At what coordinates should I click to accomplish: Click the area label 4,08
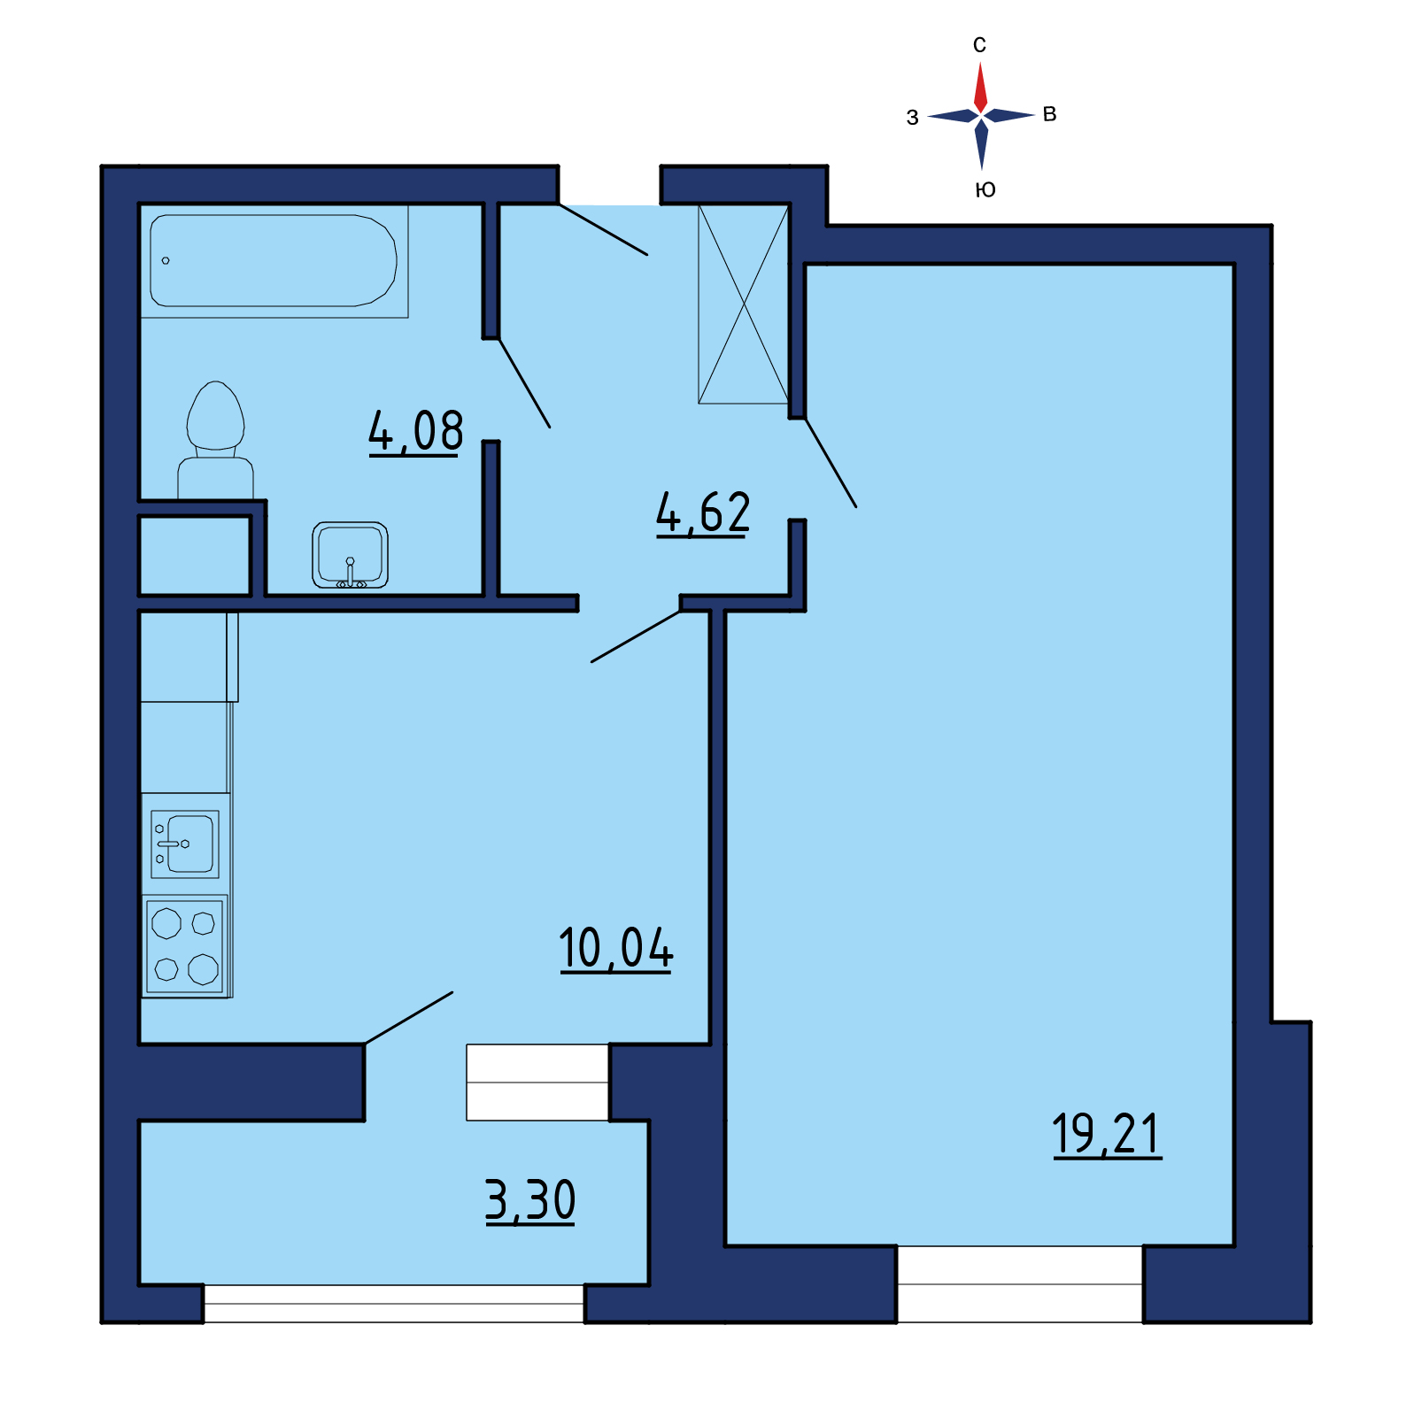coord(415,432)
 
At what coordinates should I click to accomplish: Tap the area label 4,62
coord(703,513)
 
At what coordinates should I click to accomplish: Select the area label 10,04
coord(616,949)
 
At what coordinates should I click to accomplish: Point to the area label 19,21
coord(1107,1134)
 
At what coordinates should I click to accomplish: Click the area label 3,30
coord(530,1201)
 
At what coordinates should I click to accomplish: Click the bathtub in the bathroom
coord(274,261)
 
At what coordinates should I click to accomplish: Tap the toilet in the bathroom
coord(215,440)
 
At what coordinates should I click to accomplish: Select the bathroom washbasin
coord(350,555)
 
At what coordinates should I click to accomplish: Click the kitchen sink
coord(185,844)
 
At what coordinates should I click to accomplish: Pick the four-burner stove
coord(185,946)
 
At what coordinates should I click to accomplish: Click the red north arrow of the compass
coord(980,87)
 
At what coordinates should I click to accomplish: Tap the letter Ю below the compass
coord(985,189)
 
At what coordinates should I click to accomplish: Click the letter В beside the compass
coord(1050,114)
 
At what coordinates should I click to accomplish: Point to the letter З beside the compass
coord(912,117)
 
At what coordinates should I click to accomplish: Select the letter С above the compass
coord(979,45)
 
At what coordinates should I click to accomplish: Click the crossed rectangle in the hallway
coord(743,304)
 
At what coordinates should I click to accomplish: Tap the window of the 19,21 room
coord(1020,1284)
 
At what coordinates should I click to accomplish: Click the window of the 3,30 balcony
coord(394,1304)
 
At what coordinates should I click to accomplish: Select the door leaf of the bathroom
coord(524,382)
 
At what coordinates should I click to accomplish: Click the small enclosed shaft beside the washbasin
coord(195,556)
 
